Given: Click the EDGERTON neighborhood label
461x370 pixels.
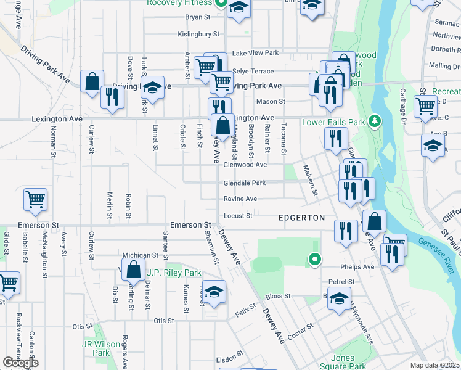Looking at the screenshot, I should (x=301, y=218).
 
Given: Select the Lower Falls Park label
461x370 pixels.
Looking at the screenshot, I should (x=333, y=122).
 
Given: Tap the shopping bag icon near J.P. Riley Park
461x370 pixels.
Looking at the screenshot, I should (x=133, y=269).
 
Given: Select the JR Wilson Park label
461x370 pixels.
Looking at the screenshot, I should (x=96, y=348).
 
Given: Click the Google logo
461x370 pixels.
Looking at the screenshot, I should (x=20, y=363).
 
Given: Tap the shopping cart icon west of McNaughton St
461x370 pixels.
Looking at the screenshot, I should (x=36, y=199).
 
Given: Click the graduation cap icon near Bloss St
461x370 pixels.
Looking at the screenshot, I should (x=338, y=299).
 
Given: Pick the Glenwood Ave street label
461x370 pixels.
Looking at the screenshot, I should (x=245, y=165).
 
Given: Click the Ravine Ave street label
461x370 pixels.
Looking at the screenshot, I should (x=240, y=199).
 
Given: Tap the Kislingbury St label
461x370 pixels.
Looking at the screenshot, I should (x=198, y=35).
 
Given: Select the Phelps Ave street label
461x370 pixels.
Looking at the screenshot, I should (x=360, y=267).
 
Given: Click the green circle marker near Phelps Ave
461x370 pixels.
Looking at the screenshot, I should (x=315, y=260).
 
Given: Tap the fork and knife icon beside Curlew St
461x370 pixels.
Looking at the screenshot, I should (x=112, y=97).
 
